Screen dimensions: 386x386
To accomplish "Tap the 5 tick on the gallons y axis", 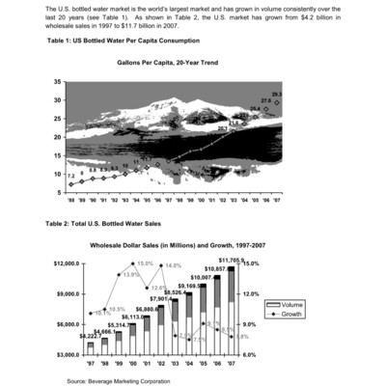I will click(58, 192).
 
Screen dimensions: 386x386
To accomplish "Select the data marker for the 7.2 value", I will click(71, 184).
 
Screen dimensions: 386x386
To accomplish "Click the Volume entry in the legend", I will click(289, 305).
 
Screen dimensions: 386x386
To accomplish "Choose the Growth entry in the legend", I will click(289, 315).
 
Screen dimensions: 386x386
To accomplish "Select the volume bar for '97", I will click(91, 348).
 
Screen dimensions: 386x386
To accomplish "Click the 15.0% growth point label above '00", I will click(145, 263).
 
